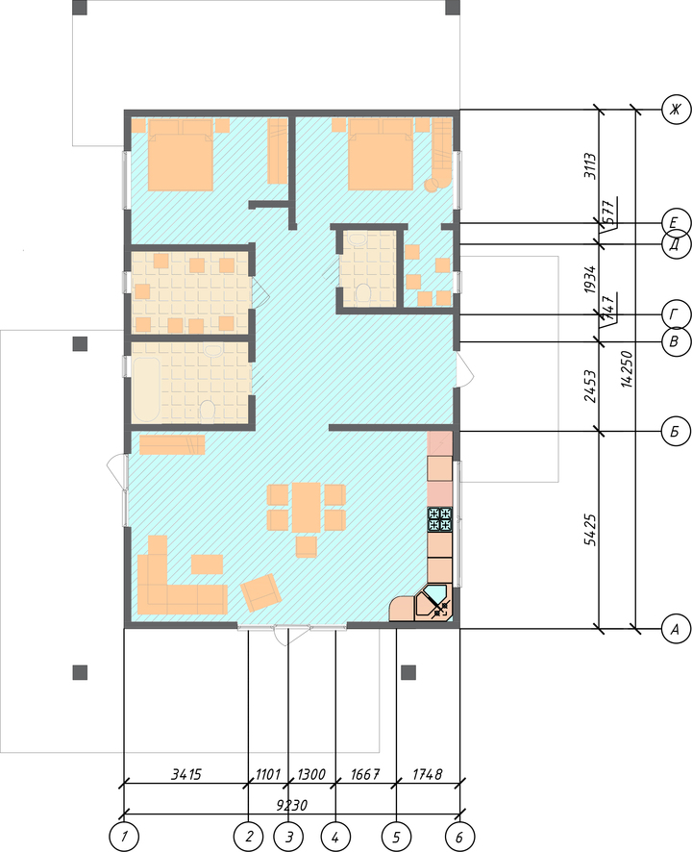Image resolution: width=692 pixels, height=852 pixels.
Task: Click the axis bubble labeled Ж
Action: coord(676,110)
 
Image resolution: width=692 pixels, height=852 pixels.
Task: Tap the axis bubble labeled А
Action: coord(676,629)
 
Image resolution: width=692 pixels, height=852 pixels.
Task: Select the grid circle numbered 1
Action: coord(124,837)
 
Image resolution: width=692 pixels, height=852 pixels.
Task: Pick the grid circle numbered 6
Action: coord(459,837)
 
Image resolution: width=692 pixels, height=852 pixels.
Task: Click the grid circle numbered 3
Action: coord(288,837)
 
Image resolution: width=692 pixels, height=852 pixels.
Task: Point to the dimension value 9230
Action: coord(291,805)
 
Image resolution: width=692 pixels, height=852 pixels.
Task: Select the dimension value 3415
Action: coord(186,774)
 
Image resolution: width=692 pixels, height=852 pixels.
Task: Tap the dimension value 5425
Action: coord(590,530)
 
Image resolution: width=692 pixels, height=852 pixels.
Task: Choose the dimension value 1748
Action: coord(428,774)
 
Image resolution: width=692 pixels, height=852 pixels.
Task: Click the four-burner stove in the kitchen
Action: coord(440,519)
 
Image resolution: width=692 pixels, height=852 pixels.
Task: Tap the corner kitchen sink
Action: coord(433,602)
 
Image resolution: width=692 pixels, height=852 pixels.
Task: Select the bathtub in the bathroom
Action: coord(146,389)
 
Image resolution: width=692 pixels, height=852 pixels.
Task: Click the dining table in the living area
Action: coord(307,508)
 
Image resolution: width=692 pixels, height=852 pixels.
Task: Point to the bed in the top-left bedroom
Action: coord(181,155)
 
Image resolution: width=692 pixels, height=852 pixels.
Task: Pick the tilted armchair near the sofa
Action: coord(260,592)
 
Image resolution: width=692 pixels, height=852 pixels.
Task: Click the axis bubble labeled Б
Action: coord(676,432)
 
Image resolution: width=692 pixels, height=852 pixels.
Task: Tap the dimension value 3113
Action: coord(590,166)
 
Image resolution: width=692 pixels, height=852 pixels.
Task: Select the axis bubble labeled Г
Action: coord(676,314)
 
